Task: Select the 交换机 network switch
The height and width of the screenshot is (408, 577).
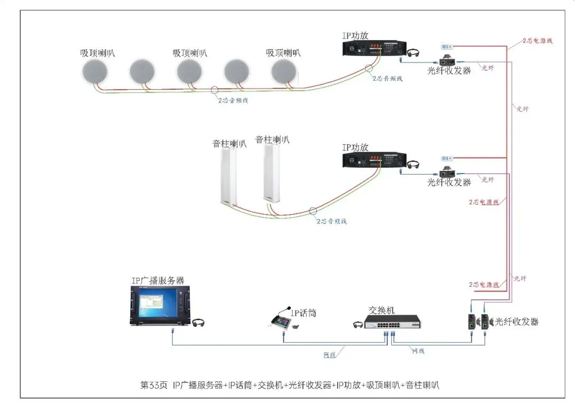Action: [393, 322]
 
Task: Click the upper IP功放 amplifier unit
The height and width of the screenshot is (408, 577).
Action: [372, 49]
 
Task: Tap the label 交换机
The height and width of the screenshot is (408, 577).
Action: [381, 310]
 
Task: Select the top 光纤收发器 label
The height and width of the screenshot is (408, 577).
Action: [449, 70]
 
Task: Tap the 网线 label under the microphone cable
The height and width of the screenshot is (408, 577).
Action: [330, 355]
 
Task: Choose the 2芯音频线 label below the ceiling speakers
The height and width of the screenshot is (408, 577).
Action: [233, 100]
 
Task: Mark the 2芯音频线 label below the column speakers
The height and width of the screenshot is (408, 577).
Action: [332, 221]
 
